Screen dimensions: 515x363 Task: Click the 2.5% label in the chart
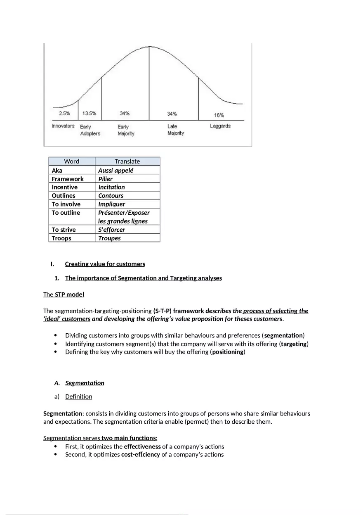[x=64, y=113]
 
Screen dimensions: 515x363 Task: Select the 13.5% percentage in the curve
[x=89, y=113]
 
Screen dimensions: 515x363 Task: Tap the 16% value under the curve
[x=219, y=115]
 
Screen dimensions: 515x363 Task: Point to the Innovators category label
[x=63, y=126]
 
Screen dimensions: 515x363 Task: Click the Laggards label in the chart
[x=220, y=126]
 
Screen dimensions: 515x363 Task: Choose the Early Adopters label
[x=90, y=130]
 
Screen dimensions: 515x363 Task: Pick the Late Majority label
[x=176, y=130]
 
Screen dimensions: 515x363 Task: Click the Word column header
[x=72, y=161]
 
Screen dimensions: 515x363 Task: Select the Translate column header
[x=127, y=161]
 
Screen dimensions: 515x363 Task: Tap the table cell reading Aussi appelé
[x=116, y=170]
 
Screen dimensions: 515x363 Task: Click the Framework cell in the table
[x=68, y=179]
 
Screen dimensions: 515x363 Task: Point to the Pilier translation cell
[x=105, y=179]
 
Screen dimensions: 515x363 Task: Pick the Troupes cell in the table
[x=109, y=238]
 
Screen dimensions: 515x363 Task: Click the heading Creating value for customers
[x=105, y=264]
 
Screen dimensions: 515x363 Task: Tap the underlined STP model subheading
[x=69, y=294]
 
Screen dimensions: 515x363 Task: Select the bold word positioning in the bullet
[x=228, y=352]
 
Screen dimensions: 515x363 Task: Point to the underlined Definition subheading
[x=78, y=396]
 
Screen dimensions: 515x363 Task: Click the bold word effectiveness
[x=142, y=446]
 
